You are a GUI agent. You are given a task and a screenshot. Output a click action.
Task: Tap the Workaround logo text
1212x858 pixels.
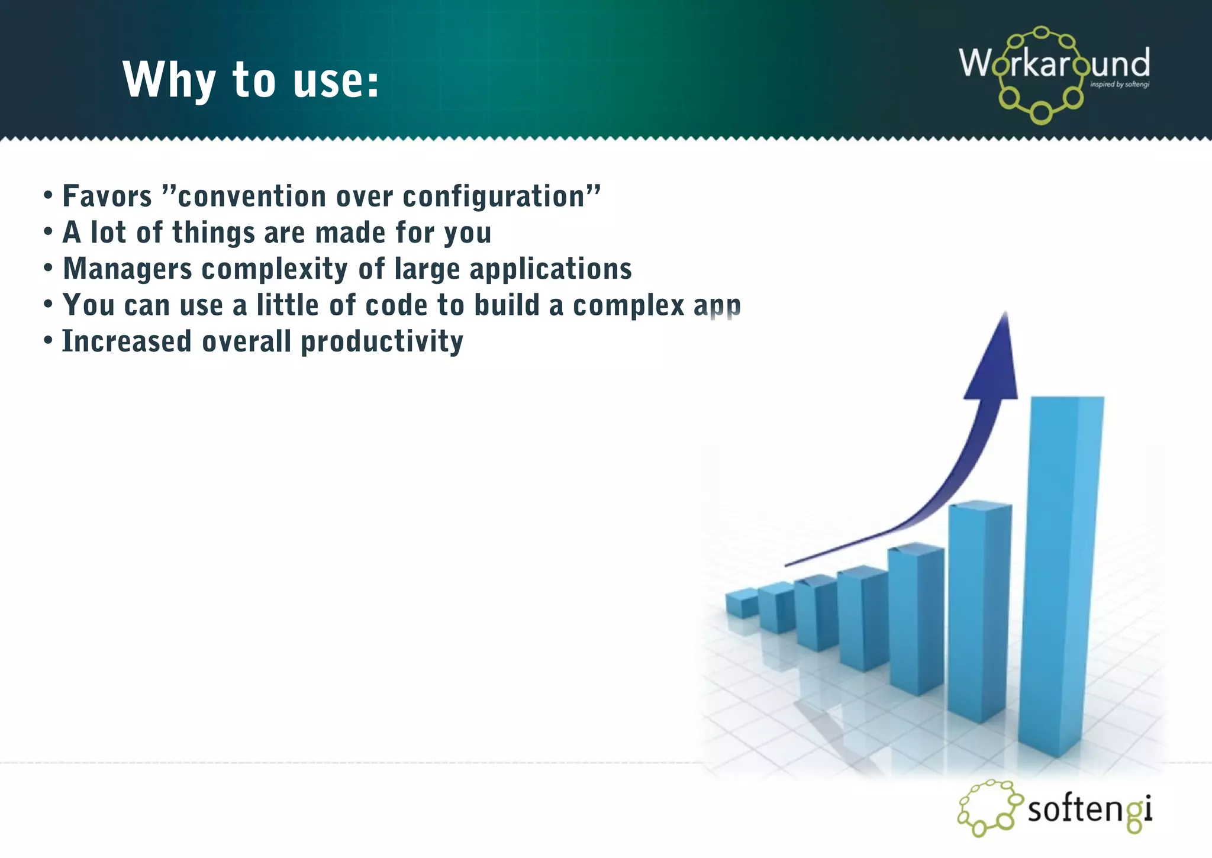tap(1054, 63)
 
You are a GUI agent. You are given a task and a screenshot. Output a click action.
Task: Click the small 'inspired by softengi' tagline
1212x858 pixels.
tap(1119, 85)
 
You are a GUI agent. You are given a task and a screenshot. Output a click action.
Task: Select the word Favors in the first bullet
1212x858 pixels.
tap(107, 196)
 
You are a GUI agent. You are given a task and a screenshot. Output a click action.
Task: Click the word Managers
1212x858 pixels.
tap(127, 269)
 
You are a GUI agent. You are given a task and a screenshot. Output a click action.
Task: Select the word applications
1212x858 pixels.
tap(550, 269)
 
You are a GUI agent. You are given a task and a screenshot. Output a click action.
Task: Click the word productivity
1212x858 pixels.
tap(382, 342)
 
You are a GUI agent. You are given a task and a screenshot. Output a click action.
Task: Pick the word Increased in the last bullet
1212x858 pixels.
tap(127, 342)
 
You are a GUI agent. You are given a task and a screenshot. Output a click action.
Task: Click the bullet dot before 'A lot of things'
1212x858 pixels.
tap(49, 232)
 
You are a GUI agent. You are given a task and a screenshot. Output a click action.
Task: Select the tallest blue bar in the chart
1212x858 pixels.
tap(1062, 574)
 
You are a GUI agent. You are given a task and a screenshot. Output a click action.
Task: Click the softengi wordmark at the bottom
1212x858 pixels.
tap(1089, 809)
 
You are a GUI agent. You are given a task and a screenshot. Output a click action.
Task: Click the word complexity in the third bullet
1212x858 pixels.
tap(275, 269)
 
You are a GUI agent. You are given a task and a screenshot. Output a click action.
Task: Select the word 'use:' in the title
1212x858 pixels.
tap(336, 80)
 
